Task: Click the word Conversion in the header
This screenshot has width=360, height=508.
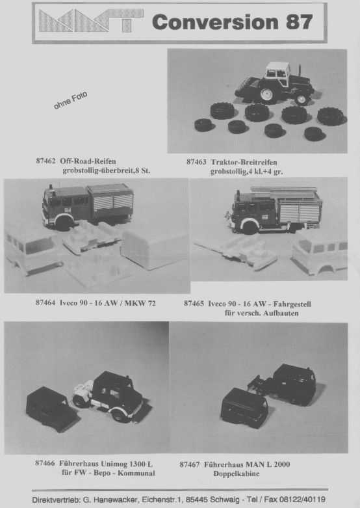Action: point(215,22)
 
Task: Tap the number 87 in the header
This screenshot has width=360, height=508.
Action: point(300,22)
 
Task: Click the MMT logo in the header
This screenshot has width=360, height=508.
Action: point(91,20)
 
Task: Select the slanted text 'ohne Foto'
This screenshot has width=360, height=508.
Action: point(70,100)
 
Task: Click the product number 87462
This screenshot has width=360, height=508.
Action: point(45,161)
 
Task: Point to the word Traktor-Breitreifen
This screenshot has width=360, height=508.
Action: point(244,162)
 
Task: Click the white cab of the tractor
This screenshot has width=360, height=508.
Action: point(277,70)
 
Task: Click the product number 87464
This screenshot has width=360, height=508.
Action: point(45,302)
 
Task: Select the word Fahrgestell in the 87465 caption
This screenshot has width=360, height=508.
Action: point(292,304)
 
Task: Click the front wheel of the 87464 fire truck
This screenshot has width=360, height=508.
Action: point(64,223)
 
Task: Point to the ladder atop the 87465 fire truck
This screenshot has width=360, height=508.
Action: point(283,189)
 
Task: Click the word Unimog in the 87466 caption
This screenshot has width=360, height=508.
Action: point(113,464)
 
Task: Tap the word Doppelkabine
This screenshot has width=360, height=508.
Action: point(237,474)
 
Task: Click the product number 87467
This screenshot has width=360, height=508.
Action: point(189,464)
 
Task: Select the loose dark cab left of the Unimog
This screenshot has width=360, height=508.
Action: point(51,408)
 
